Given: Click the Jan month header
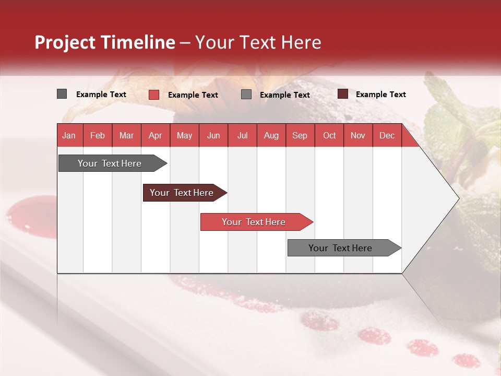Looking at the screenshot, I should click(69, 136).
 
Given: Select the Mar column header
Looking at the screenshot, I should click(126, 136).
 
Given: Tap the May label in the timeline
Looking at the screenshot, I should click(184, 136).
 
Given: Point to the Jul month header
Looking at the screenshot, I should click(242, 136).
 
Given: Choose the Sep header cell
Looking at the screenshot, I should click(300, 136).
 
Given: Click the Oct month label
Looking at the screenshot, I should click(329, 136).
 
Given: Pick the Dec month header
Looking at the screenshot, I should click(387, 136).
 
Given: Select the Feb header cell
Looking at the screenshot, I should click(98, 136).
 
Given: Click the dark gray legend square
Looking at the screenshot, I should click(62, 94).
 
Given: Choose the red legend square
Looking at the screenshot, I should click(154, 95).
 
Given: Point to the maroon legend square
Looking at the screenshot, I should click(342, 94).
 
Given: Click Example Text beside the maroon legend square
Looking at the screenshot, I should click(380, 95).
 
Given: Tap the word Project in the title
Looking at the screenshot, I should click(65, 42).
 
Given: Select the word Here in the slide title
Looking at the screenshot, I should click(301, 42).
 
